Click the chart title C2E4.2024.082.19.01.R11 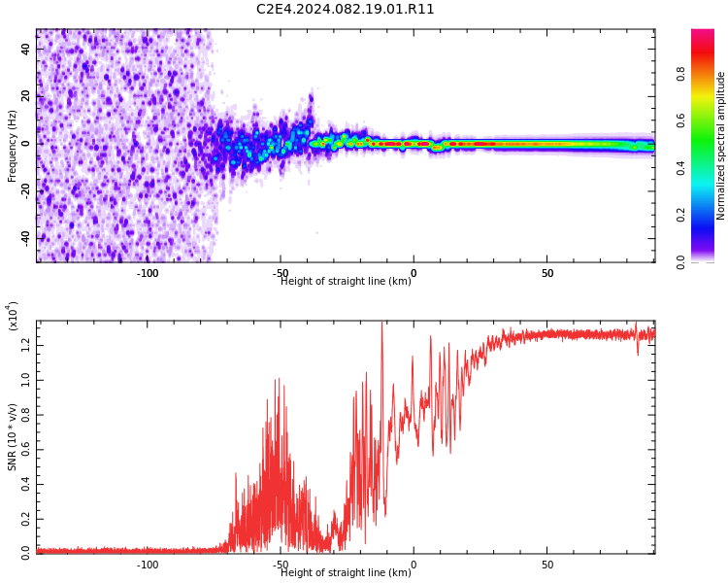click(x=345, y=10)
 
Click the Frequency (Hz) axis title click(x=12, y=147)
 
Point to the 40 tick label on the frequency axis click(x=25, y=50)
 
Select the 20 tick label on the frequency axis click(x=25, y=97)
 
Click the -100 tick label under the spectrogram click(x=148, y=273)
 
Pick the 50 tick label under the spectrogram click(x=547, y=273)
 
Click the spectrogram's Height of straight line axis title click(x=346, y=281)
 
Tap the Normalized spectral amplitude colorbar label click(x=720, y=146)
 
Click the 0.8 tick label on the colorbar click(x=680, y=74)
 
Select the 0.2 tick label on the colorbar click(x=680, y=216)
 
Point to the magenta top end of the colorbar click(x=703, y=30)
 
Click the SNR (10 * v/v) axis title click(x=12, y=436)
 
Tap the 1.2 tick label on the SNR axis click(x=25, y=345)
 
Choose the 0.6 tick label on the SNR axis click(x=25, y=450)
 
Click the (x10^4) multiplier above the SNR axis click(x=12, y=316)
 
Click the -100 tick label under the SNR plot click(x=148, y=565)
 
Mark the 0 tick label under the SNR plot click(x=414, y=565)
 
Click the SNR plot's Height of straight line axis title click(x=346, y=572)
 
